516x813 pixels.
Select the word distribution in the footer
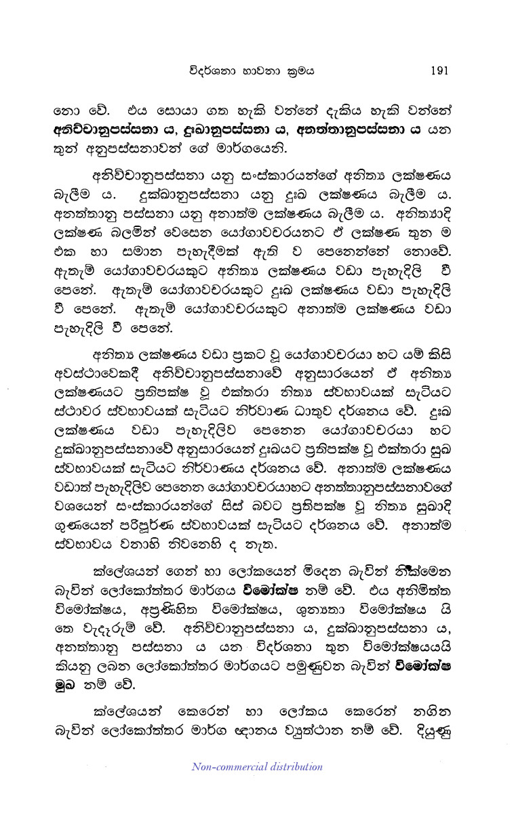(x=292, y=768)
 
